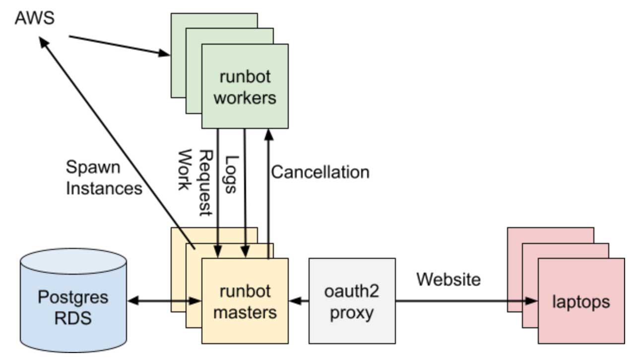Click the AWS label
(35, 18)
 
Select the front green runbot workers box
(245, 86)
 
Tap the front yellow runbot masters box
(245, 300)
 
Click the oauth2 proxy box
(352, 301)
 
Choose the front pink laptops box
(581, 301)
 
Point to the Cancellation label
(320, 172)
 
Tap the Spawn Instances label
(103, 177)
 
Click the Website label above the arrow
(448, 279)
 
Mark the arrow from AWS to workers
(119, 45)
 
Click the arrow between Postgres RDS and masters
(164, 300)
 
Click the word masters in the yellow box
(248, 312)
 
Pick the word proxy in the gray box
(352, 313)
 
